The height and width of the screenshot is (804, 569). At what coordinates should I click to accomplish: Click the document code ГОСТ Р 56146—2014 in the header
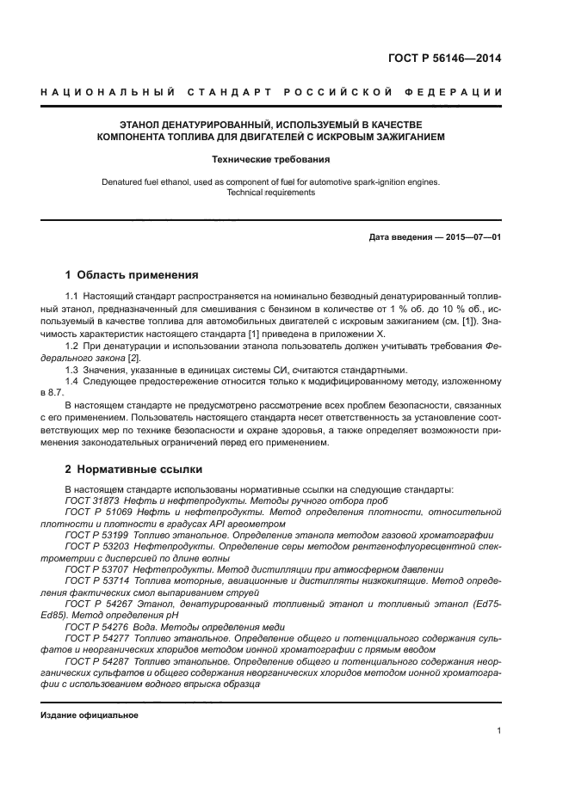(x=445, y=59)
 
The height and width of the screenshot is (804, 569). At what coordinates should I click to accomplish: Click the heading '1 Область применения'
(x=132, y=276)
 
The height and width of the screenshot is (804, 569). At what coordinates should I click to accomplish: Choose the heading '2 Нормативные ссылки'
(x=133, y=470)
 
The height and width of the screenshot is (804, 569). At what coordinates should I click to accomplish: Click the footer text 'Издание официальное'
(x=90, y=715)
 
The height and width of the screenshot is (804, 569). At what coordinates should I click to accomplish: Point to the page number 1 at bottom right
(x=499, y=731)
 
